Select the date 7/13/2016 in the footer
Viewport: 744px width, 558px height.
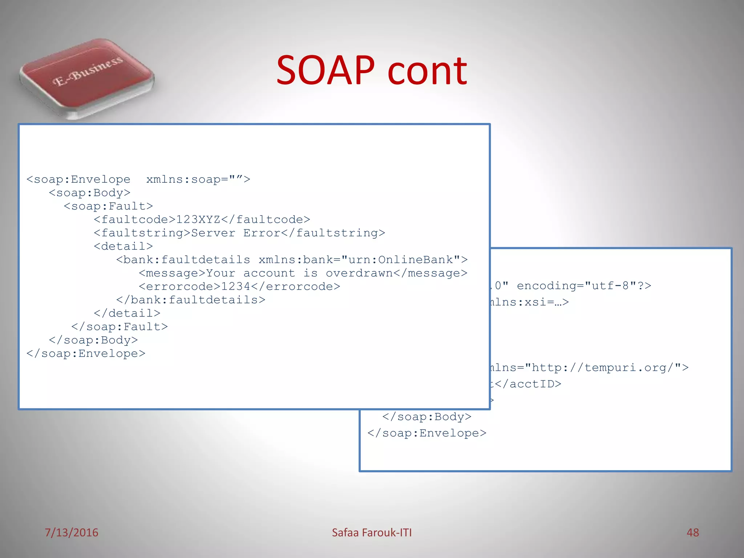72,533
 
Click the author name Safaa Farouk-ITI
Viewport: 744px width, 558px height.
372,533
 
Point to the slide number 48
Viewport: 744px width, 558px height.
692,533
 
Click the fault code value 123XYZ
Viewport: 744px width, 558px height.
198,220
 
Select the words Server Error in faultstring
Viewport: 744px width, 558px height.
236,233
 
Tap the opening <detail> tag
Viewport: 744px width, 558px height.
123,247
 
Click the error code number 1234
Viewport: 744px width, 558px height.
236,287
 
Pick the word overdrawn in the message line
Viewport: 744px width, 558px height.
359,273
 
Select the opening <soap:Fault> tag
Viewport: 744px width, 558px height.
108,206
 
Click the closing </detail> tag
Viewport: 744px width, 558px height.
127,314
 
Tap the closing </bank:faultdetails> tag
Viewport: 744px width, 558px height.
191,300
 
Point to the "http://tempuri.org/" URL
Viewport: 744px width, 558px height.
603,368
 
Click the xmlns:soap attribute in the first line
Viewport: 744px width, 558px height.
183,179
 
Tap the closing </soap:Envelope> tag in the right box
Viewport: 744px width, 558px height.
426,433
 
